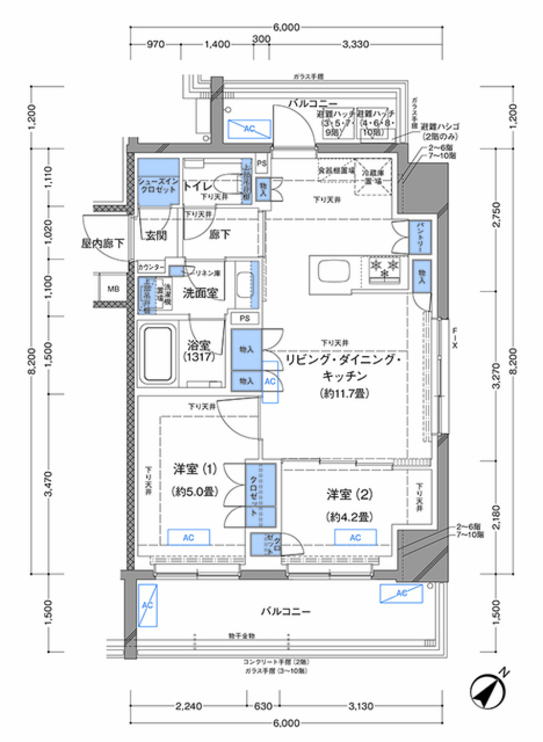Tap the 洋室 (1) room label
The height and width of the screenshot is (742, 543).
(195, 469)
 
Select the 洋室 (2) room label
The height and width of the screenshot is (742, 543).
(349, 495)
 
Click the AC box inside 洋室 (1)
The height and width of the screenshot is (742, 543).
(188, 537)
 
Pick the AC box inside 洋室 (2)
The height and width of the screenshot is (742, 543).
(355, 537)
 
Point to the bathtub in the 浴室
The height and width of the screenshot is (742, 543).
(157, 354)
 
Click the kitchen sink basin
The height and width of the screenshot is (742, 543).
(333, 271)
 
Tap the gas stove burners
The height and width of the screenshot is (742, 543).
(385, 269)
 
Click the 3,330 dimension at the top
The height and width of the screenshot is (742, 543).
(355, 44)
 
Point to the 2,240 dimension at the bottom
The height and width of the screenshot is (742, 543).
(188, 706)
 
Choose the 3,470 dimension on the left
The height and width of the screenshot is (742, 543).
(48, 484)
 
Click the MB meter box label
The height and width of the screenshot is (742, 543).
(114, 289)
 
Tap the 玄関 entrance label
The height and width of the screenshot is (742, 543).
(156, 235)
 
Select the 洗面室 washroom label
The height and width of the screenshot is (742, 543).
(200, 293)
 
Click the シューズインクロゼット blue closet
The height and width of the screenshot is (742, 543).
(158, 182)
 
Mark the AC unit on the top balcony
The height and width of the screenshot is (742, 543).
(249, 129)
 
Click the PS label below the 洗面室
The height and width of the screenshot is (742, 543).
(244, 318)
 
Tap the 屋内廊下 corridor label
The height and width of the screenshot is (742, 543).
(102, 244)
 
